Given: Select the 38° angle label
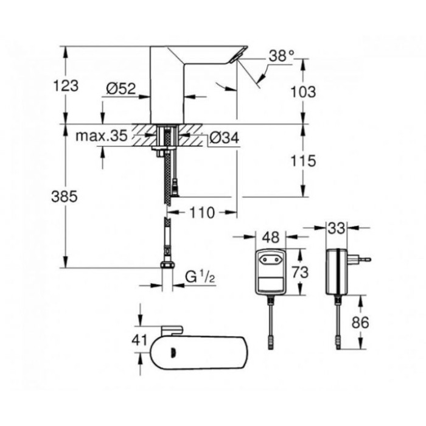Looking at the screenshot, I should (282, 56).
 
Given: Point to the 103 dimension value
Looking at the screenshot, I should (304, 93).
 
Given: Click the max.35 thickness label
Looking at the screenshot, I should (101, 136).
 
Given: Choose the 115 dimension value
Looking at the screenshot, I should (304, 161).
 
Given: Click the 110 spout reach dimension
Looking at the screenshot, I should (202, 212).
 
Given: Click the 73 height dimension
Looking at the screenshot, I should (298, 271).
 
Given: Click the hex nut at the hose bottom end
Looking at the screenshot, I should (164, 267).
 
